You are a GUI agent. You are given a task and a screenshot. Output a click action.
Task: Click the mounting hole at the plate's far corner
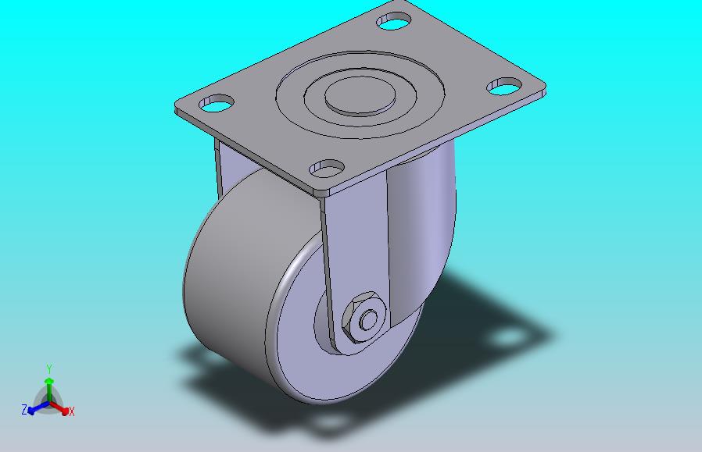(x=394, y=21)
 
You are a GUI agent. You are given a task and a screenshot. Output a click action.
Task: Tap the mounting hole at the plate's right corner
(x=504, y=87)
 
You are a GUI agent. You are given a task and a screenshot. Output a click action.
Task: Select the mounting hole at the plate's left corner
(x=217, y=103)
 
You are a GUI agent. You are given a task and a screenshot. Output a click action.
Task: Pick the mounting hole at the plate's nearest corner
(x=328, y=168)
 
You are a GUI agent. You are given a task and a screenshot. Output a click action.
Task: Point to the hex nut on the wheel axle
(x=364, y=318)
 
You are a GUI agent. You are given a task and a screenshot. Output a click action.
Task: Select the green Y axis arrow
(x=48, y=390)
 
